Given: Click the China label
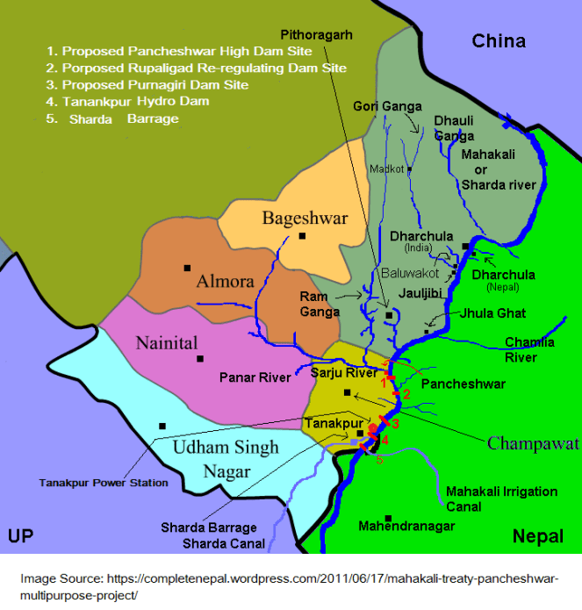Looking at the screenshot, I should click(x=499, y=40).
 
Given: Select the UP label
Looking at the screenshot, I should click(x=20, y=535).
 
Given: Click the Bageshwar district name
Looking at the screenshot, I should click(x=305, y=219).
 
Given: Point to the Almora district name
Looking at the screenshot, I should click(x=225, y=282).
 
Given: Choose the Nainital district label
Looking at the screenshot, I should click(x=167, y=342).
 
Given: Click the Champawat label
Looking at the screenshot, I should click(x=534, y=442).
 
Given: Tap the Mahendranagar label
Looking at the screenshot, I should click(x=406, y=527).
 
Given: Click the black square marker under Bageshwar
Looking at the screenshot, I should click(x=302, y=236).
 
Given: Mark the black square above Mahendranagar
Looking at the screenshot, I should click(x=388, y=518).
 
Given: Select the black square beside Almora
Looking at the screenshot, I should click(x=187, y=268).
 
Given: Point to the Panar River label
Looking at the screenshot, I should click(x=255, y=378).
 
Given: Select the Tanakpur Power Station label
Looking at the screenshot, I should click(x=104, y=483).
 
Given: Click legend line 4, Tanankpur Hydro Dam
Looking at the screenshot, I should click(x=143, y=101).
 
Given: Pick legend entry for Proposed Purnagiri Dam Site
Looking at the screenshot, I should click(x=147, y=85).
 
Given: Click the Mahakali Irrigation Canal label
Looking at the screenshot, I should click(x=501, y=499).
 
